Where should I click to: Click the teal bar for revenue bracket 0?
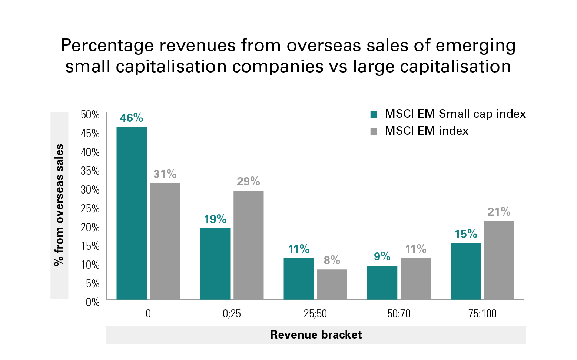pos(132,213)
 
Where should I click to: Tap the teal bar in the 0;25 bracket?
pos(215,264)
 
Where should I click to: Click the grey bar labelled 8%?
pos(332,284)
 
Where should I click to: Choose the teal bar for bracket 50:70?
pos(382,282)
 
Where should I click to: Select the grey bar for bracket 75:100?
pos(499,260)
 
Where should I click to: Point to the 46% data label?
pos(132,118)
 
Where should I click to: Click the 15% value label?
pos(466,234)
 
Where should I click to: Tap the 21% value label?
pos(499,212)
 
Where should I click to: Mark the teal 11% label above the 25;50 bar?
pos(299,249)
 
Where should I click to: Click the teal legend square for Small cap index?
pos(374,114)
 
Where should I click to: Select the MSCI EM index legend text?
pos(427,131)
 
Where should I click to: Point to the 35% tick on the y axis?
pos(90,171)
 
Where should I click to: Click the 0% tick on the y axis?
pos(93,302)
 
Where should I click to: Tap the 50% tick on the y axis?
pos(90,115)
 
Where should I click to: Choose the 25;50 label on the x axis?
pos(315,314)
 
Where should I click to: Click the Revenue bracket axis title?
pos(316,335)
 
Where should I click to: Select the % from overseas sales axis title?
pos(59,205)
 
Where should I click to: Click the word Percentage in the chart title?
pos(107,46)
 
